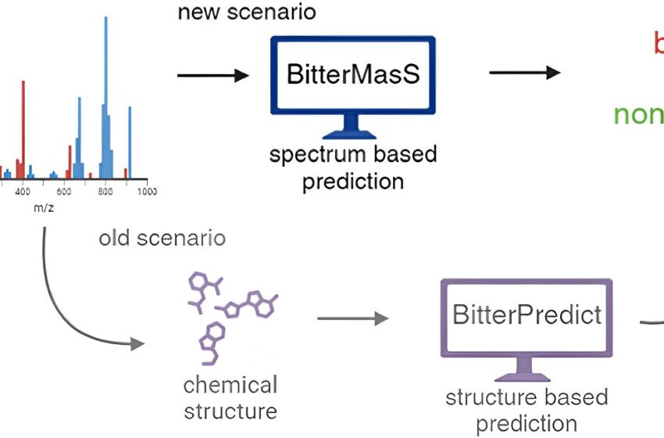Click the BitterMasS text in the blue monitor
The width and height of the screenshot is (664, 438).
pyautogui.click(x=352, y=75)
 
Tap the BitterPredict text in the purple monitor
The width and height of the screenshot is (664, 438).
pyautogui.click(x=527, y=314)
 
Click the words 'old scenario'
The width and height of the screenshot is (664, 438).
pyautogui.click(x=162, y=237)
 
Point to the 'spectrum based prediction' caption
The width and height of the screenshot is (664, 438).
pyautogui.click(x=352, y=167)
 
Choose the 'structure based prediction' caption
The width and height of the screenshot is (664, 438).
pyautogui.click(x=527, y=410)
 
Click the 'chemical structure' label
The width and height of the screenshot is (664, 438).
pyautogui.click(x=230, y=397)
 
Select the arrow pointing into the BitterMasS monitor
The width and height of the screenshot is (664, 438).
pyautogui.click(x=212, y=75)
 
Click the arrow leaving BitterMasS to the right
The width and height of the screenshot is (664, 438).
pyautogui.click(x=524, y=73)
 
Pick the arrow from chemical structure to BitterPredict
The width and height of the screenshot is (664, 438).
pyautogui.click(x=352, y=318)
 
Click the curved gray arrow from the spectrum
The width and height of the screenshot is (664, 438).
pyautogui.click(x=66, y=305)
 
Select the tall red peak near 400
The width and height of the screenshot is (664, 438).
pyautogui.click(x=23, y=125)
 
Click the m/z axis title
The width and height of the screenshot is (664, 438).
pyautogui.click(x=43, y=208)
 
